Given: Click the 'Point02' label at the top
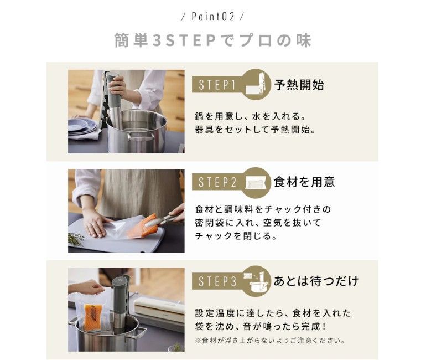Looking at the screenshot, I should [212, 17].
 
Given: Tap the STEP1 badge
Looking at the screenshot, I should [217, 85].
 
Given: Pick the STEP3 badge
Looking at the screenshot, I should [217, 281].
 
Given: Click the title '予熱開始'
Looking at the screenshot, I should [299, 85].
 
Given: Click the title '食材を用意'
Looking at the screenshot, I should [304, 182].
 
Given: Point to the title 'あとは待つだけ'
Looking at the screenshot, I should [316, 281].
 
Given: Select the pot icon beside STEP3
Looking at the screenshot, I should [257, 280].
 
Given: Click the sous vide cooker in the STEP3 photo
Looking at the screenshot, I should [121, 302].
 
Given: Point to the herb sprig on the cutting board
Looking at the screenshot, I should [76, 239].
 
